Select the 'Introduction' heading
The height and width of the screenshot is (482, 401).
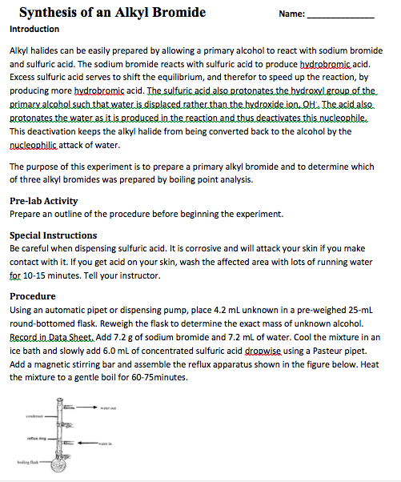[34, 30]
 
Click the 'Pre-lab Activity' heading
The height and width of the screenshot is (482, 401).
[43, 201]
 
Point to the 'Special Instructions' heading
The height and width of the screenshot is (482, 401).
[53, 235]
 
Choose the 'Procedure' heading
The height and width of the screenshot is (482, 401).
[33, 295]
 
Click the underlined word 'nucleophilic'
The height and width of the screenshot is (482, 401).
[35, 144]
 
